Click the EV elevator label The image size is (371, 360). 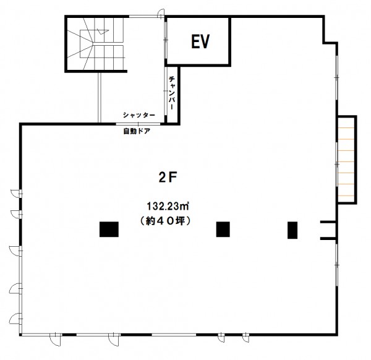coord(200,41)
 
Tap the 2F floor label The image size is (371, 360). coord(168,178)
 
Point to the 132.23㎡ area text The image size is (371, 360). coord(168,206)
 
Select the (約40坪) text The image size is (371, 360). coord(165,221)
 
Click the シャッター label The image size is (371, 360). coord(139,115)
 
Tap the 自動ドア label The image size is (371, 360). coord(137,131)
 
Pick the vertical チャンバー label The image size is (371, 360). coord(172,93)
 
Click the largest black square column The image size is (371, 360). coord(109,229)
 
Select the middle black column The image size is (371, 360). coord(223,229)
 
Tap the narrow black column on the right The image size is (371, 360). coord(292,230)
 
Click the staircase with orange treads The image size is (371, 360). coord(347,160)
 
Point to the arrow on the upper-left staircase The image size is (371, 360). coord(103,32)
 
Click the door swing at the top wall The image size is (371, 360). coord(161,13)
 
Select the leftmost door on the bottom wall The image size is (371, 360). coord(56,339)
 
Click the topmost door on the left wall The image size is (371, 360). coord(16,193)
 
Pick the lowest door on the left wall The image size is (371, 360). coord(15,319)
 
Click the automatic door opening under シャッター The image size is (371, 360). coord(138,124)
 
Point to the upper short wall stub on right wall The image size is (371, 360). coord(328,222)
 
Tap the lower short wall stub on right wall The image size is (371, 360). coord(328,238)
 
